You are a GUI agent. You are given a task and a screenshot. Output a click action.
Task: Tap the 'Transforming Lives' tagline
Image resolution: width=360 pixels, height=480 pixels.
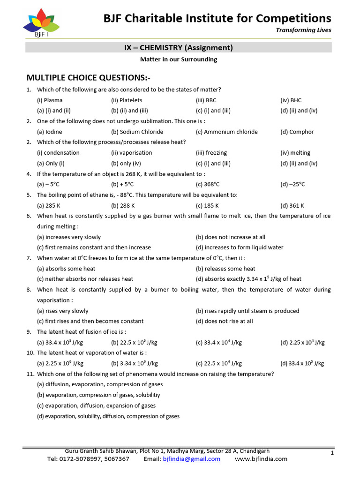click(310, 30)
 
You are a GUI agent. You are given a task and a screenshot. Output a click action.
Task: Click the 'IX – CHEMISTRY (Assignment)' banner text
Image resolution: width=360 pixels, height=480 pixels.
click(179, 47)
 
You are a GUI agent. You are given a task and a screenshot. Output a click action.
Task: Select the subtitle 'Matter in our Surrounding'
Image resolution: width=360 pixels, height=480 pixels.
click(179, 60)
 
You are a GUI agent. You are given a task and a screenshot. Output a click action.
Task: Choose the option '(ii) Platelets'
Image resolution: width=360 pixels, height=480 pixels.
click(127, 100)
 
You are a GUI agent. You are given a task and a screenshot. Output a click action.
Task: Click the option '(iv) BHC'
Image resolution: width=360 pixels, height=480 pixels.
click(291, 100)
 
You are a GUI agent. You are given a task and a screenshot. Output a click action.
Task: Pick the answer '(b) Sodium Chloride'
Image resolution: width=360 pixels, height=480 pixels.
click(137, 132)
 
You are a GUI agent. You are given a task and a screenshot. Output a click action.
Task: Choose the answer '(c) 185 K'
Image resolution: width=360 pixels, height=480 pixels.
click(207, 205)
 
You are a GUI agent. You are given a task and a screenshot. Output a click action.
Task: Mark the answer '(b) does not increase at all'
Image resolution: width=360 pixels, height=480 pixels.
click(231, 237)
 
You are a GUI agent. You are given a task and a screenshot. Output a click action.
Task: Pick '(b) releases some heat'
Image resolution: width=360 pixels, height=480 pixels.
click(225, 269)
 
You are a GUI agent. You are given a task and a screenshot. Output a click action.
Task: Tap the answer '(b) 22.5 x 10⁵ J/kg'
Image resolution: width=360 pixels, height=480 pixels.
click(135, 343)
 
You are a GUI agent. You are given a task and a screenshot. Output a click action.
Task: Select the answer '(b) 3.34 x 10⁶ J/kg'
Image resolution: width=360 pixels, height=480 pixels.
click(135, 363)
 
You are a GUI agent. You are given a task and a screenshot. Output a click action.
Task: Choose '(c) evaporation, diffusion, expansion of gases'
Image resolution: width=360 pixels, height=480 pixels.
click(97, 405)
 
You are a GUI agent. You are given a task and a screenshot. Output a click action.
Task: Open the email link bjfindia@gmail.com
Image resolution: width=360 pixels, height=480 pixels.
click(191, 459)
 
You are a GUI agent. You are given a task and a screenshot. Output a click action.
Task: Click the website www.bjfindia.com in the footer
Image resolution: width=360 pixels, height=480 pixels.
click(261, 459)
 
